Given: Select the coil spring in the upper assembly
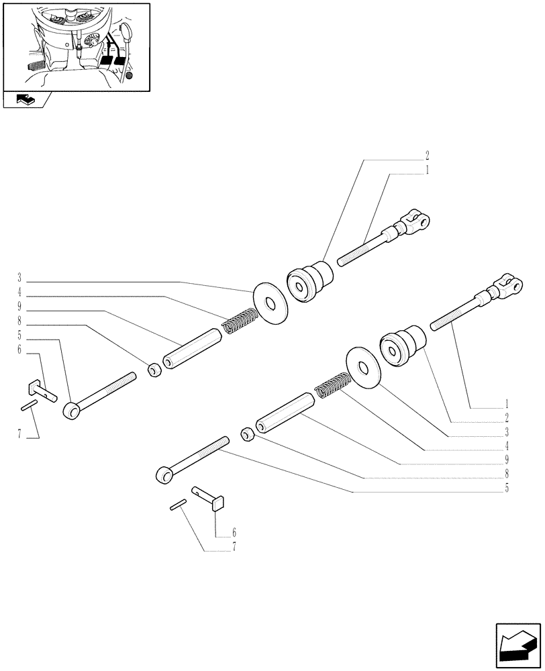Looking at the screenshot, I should pyautogui.click(x=240, y=320).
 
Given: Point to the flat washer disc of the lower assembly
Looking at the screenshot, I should pyautogui.click(x=363, y=368).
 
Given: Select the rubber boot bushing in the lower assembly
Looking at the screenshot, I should pyautogui.click(x=401, y=346).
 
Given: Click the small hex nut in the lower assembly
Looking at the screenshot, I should pyautogui.click(x=246, y=433).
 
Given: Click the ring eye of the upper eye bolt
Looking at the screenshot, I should pyautogui.click(x=69, y=411).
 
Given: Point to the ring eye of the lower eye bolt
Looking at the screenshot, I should pyautogui.click(x=163, y=476).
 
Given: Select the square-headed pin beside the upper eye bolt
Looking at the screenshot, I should pyautogui.click(x=41, y=391).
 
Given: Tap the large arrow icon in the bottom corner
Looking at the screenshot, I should pyautogui.click(x=517, y=646).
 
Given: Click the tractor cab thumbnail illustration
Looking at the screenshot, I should pyautogui.click(x=76, y=46).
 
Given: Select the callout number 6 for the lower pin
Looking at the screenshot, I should pyautogui.click(x=234, y=532).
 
